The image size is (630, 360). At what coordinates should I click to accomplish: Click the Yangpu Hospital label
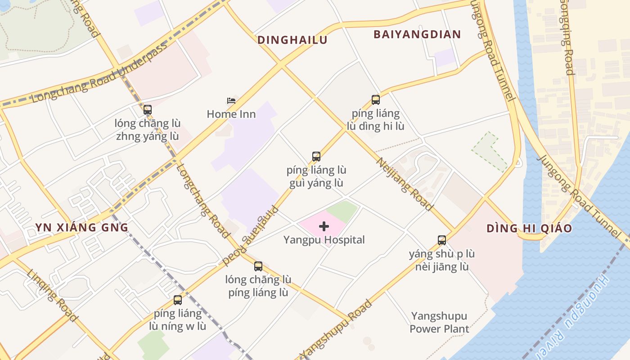click(324, 240)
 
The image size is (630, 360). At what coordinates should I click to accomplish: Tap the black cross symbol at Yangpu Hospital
click(324, 226)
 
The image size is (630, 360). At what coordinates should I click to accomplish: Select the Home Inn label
click(231, 114)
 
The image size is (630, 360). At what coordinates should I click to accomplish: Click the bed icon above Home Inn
click(231, 100)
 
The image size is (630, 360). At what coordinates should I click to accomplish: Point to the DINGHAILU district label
click(292, 40)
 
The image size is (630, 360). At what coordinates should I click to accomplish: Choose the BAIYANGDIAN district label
click(417, 34)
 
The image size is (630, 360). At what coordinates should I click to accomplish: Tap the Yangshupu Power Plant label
click(439, 322)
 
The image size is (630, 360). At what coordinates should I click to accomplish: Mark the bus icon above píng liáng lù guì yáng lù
click(316, 157)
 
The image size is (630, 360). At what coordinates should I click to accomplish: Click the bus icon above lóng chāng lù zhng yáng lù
click(147, 109)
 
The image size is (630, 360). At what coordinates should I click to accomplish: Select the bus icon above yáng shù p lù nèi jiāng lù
click(442, 240)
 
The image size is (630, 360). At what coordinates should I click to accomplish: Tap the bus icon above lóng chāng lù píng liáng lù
click(258, 266)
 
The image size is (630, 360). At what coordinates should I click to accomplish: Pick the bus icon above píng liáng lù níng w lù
click(178, 300)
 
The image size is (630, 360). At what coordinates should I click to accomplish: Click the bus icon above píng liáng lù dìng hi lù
click(376, 100)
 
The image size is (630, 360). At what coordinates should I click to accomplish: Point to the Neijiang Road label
click(404, 184)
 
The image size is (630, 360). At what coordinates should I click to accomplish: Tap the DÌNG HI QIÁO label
click(529, 228)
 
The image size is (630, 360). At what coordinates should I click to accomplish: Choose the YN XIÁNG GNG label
click(82, 227)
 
